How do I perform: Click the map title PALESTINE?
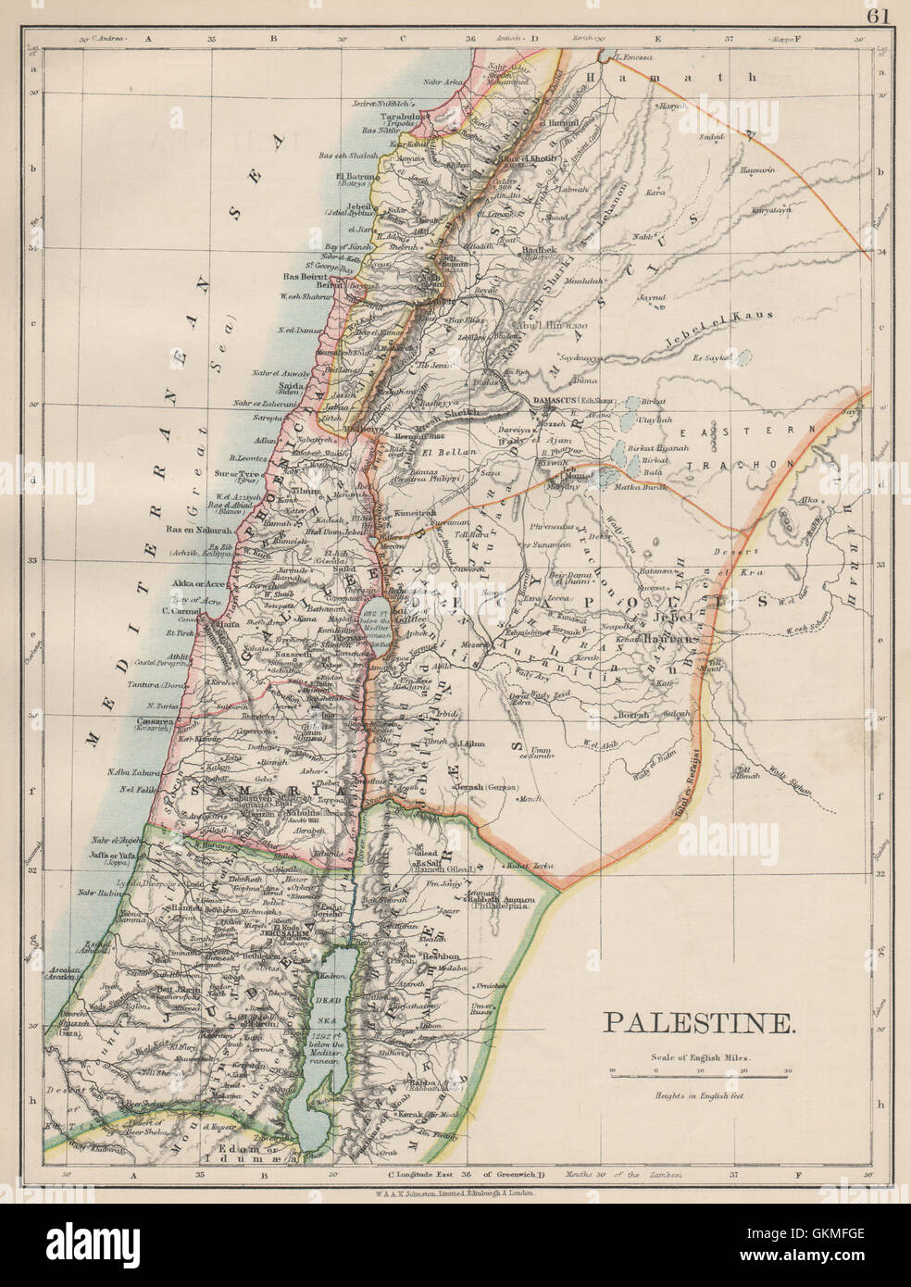click(x=699, y=1023)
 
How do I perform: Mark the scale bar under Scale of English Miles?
click(x=699, y=1077)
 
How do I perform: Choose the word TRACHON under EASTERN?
click(x=761, y=463)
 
